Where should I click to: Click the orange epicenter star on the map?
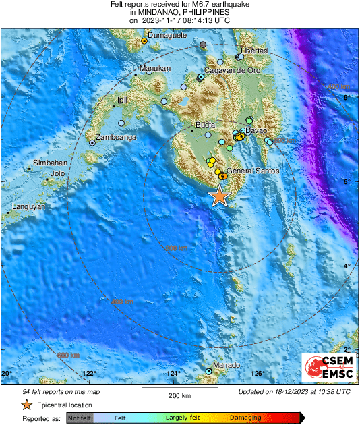click(x=219, y=196)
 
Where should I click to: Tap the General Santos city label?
click(x=253, y=171)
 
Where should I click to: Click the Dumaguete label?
click(x=166, y=35)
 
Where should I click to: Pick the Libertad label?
click(x=255, y=51)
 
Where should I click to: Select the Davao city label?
click(x=256, y=130)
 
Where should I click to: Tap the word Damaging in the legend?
click(x=245, y=418)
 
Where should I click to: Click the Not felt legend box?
click(x=80, y=418)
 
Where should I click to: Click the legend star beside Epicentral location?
click(x=26, y=405)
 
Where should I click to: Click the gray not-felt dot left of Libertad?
click(x=203, y=45)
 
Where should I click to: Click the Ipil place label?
click(x=123, y=100)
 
